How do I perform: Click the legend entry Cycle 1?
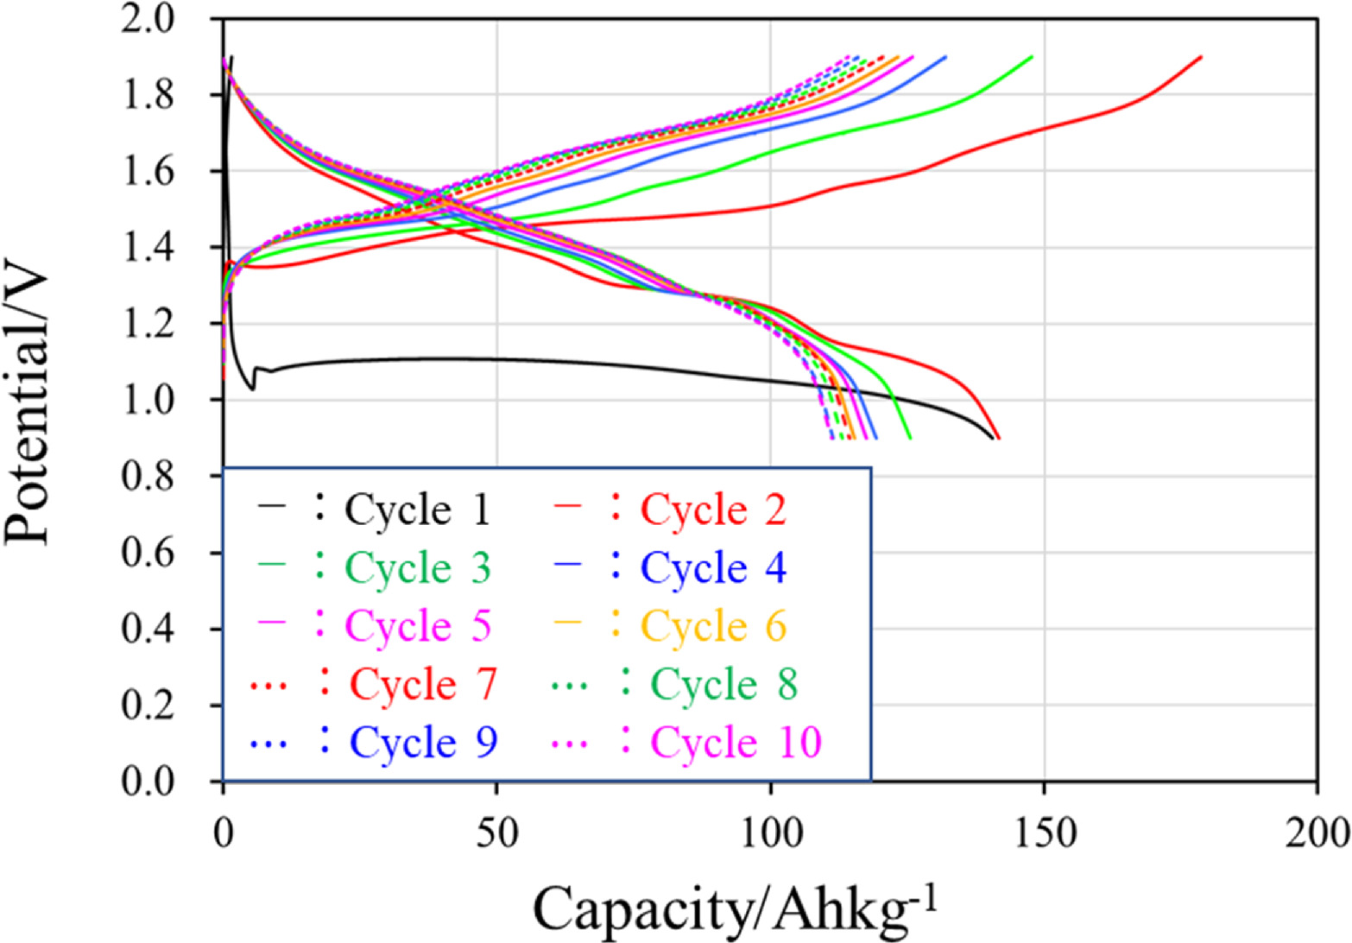(x=417, y=510)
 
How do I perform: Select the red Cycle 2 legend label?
(x=713, y=510)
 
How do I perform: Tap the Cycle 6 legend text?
(x=713, y=626)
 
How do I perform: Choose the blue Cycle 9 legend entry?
(x=423, y=742)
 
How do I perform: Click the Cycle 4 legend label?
(x=713, y=568)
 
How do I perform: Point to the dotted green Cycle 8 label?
(x=723, y=685)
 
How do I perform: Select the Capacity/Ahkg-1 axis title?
(x=736, y=907)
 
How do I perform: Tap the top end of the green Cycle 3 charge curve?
(x=1032, y=57)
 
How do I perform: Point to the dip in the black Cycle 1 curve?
(x=252, y=388)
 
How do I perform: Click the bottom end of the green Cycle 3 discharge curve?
(x=911, y=438)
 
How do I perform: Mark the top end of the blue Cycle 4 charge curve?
(x=946, y=57)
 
